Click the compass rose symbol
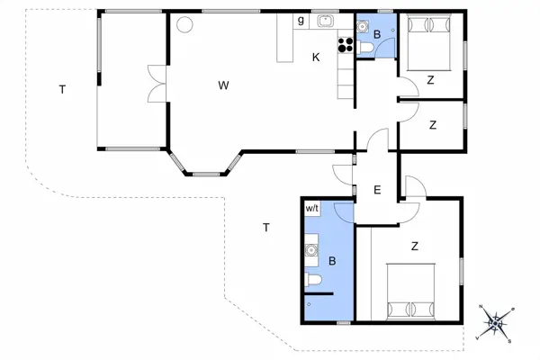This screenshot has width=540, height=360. coord(494,323)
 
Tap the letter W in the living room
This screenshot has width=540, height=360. coord(222,85)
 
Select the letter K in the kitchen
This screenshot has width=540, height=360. coord(316,58)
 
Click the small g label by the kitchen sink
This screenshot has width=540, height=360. coord(301,21)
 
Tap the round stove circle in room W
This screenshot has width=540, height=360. coord(184,25)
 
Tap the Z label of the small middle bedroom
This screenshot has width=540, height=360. coord(433,123)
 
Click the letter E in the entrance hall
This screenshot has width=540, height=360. coord(377,190)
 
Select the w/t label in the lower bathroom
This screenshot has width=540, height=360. coord(312,208)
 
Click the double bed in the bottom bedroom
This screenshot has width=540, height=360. coord(411,291)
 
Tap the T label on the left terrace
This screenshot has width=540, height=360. coord(62,89)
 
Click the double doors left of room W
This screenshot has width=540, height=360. coord(155,84)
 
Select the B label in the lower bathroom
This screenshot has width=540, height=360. coord(332,262)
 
